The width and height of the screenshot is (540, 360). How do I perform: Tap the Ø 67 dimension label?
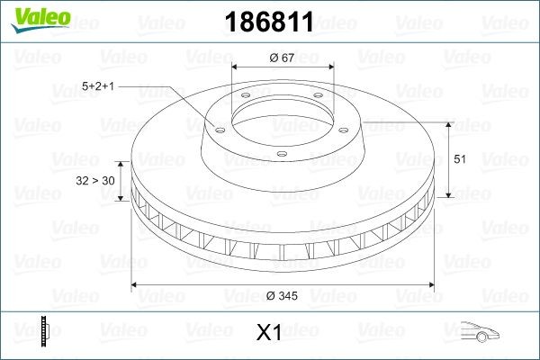(283, 58)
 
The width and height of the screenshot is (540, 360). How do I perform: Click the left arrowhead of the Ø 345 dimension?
(136, 285)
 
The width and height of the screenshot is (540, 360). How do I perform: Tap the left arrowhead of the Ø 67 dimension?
(236, 68)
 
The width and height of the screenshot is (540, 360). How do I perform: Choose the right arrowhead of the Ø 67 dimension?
(330, 68)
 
